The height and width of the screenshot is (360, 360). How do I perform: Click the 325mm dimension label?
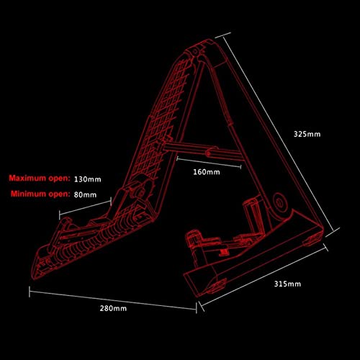tap(307, 134)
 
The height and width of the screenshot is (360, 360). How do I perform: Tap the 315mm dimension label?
tap(287, 284)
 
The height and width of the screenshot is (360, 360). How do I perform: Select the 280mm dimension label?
tap(113, 308)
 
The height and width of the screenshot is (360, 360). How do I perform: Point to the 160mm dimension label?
tap(207, 172)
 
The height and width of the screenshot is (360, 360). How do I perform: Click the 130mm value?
tap(88, 179)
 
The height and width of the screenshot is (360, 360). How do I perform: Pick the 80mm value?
tap(85, 194)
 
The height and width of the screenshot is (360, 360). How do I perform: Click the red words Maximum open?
tap(40, 179)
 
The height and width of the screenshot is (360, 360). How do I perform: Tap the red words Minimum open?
tap(40, 194)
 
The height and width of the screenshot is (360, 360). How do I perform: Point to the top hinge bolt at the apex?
tap(195, 52)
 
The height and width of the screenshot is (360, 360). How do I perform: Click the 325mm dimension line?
tap(277, 135)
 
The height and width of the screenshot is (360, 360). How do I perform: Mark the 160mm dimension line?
tap(209, 162)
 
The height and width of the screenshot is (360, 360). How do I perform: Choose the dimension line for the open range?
tap(85, 208)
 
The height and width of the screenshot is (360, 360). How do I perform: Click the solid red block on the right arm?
tap(224, 251)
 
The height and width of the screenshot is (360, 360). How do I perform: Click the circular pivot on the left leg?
tap(142, 193)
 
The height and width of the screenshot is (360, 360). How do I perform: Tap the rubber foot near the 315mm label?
tap(217, 287)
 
